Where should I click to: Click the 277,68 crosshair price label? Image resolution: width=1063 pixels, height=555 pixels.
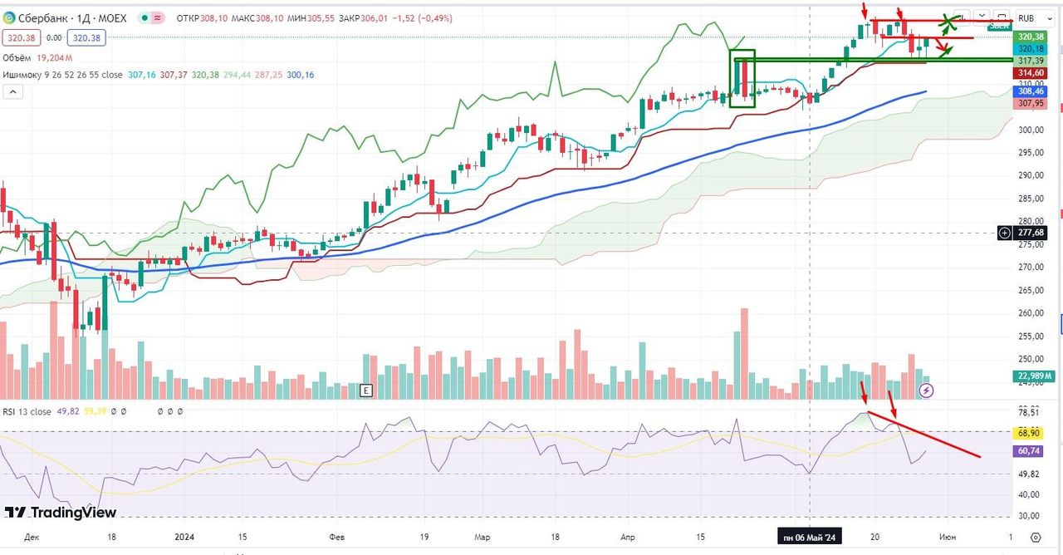1030,233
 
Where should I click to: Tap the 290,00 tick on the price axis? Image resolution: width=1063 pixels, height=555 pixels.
1030,175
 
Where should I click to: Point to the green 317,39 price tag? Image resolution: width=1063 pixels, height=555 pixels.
1030,61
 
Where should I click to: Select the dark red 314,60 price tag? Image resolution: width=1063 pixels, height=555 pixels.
1030,73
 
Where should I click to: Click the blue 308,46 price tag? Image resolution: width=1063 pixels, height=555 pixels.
1030,91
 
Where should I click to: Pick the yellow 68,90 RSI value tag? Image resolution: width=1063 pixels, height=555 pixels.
1030,433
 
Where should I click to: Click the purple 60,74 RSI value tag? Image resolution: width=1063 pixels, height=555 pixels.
1030,450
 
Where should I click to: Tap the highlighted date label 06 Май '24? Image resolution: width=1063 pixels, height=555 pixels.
811,538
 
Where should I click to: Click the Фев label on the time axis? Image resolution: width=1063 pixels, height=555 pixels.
337,538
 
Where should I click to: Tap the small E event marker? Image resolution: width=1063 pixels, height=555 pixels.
365,390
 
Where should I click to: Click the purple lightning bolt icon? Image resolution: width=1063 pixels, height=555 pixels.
928,390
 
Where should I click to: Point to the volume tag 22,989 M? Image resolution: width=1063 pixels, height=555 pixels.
1030,376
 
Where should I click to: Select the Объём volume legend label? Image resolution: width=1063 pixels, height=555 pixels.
19,57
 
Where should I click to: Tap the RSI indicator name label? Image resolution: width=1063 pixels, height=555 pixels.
10,411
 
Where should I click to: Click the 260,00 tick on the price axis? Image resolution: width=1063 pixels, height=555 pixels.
1030,313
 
